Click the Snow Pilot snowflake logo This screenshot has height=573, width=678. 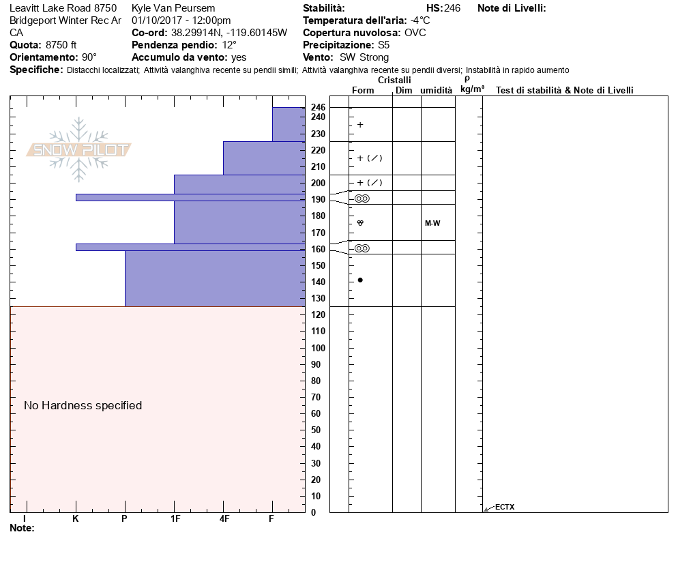tap(79, 149)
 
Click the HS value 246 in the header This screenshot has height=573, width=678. tap(452, 8)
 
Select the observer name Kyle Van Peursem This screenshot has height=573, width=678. tap(173, 8)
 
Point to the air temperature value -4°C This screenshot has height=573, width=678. tap(420, 20)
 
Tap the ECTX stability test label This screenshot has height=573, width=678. tap(505, 507)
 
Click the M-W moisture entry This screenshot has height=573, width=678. tap(432, 223)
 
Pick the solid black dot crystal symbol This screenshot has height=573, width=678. tap(360, 280)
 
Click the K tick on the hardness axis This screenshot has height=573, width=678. tap(75, 519)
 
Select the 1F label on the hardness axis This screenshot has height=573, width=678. tap(175, 519)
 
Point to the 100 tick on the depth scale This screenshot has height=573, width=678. tap(318, 348)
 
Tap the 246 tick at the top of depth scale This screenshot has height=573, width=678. tap(318, 108)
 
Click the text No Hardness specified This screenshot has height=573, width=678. tap(83, 405)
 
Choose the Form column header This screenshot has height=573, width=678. tap(363, 90)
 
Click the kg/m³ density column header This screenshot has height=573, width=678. tap(472, 89)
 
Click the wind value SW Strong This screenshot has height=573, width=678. tap(364, 57)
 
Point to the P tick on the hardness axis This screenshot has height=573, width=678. tap(124, 519)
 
